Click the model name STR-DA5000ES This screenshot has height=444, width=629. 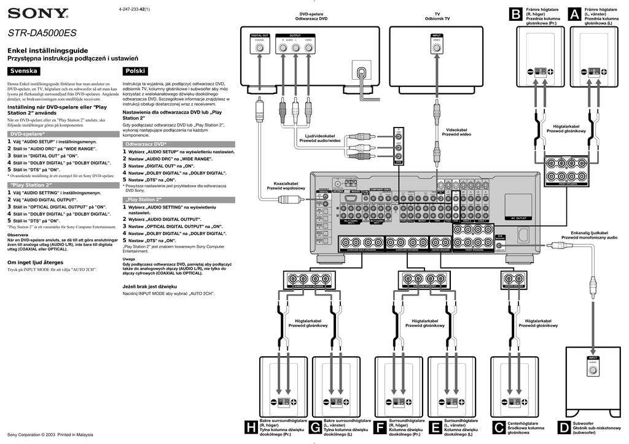pos(42,34)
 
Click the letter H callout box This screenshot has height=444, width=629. pos(251,428)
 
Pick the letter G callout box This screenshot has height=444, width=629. pos(315,428)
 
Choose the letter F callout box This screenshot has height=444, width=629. pos(380,428)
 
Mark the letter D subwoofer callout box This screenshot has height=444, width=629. pos(564,428)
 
